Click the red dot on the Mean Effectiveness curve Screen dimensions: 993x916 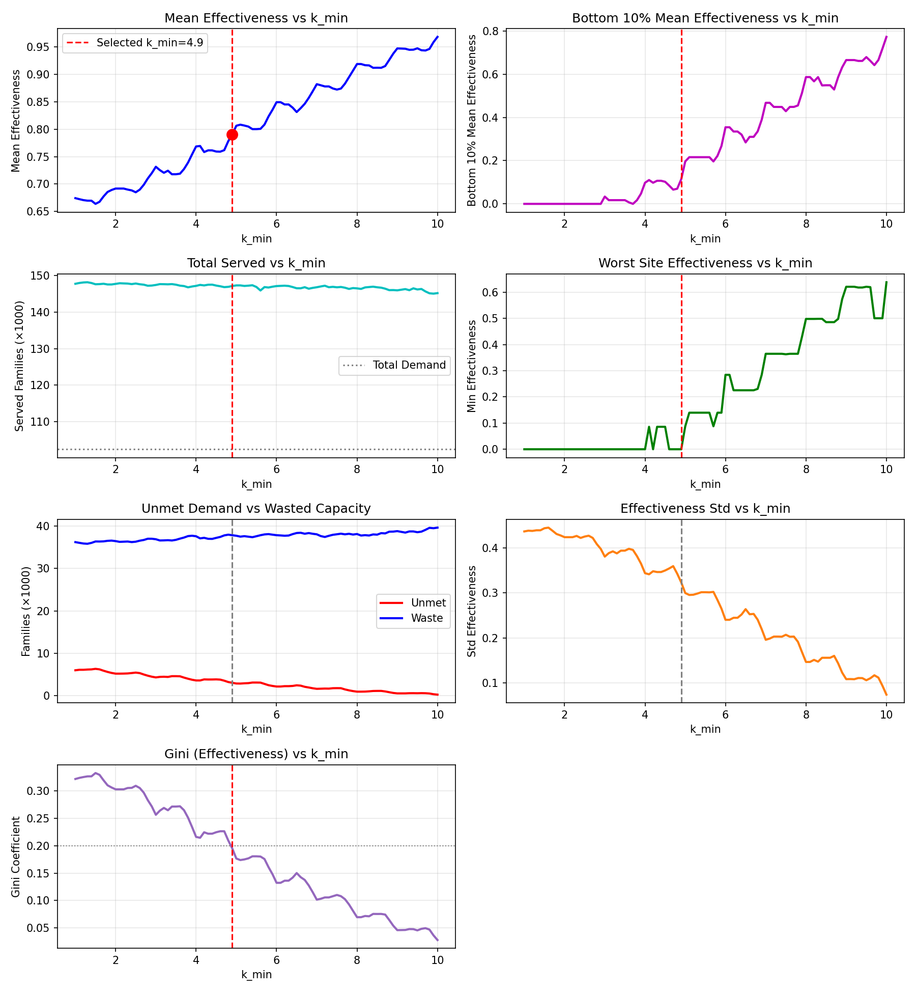(x=232, y=135)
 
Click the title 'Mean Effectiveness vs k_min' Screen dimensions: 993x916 (x=256, y=18)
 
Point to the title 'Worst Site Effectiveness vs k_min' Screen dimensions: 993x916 (x=705, y=263)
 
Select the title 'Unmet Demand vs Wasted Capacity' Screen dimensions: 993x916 (x=256, y=509)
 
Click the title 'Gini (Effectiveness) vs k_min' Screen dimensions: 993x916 (x=256, y=754)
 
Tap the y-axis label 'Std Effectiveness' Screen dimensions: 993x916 (x=472, y=611)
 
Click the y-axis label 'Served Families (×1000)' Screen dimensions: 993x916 (x=19, y=366)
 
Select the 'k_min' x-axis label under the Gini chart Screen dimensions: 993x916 (x=256, y=975)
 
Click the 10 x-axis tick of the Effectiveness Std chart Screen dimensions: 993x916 (x=886, y=715)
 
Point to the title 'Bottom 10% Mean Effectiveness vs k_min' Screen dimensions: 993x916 (x=705, y=18)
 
